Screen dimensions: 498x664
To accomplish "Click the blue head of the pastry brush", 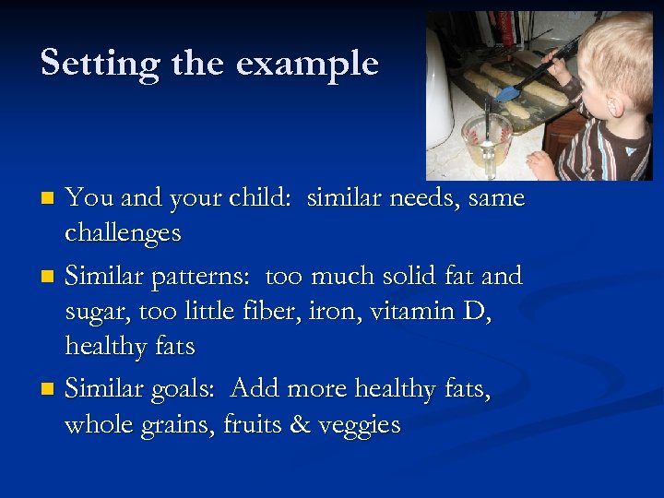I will (507, 92).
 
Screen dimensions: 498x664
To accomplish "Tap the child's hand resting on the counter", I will (541, 164).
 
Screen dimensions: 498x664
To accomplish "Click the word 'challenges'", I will (123, 233).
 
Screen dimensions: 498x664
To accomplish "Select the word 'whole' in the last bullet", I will (99, 425).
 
